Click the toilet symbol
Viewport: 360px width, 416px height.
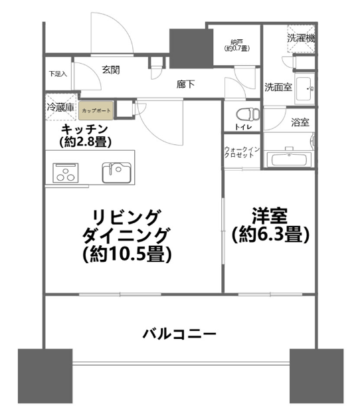248,114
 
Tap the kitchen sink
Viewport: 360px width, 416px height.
117,173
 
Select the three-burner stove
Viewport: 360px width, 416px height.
66,173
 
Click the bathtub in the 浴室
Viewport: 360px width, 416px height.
289,159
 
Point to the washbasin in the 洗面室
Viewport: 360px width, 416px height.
304,88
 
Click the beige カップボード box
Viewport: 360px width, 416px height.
96,110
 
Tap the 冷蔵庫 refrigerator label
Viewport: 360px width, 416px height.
60,108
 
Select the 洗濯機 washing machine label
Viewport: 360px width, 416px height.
301,39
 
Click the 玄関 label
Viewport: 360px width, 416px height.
111,70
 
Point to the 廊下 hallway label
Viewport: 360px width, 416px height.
185,84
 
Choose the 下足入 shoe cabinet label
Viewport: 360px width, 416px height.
58,74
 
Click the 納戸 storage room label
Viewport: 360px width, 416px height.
236,42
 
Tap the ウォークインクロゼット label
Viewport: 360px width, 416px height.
242,152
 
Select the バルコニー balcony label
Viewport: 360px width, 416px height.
179,334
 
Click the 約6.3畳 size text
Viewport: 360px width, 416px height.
270,235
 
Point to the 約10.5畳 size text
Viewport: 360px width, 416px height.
128,254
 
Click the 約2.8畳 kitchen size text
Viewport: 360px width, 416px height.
85,142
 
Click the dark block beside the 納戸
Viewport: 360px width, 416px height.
191,49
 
